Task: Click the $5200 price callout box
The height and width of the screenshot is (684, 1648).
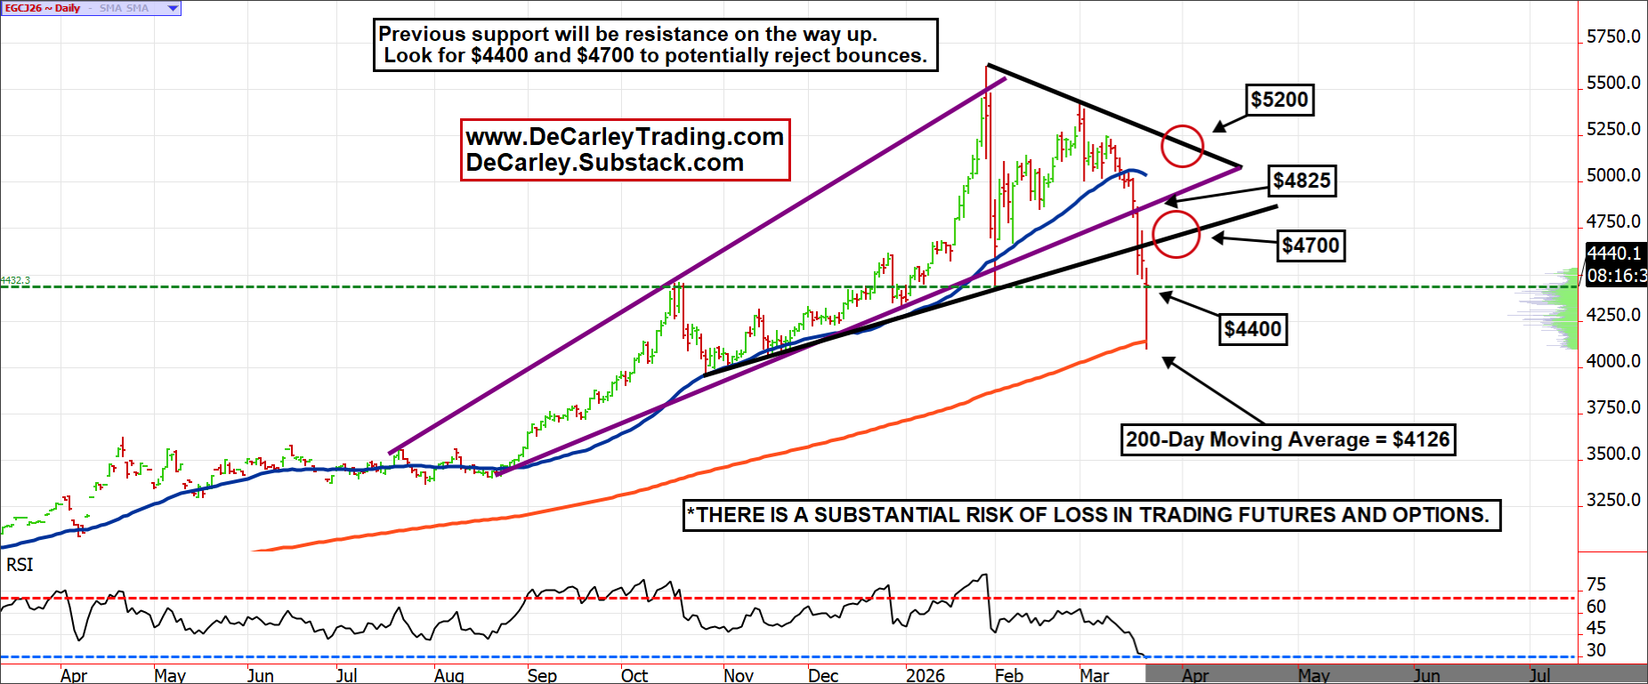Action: (x=1279, y=100)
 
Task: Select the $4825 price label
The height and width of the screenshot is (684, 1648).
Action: (x=1301, y=181)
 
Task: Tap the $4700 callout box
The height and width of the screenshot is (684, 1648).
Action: (x=1310, y=245)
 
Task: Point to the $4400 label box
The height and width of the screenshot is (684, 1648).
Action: (x=1253, y=329)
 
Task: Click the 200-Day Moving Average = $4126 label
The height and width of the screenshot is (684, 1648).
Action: (x=1288, y=439)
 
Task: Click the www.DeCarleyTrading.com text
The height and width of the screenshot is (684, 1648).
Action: (x=625, y=137)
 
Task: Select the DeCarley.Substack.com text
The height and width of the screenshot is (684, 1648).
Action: (x=605, y=163)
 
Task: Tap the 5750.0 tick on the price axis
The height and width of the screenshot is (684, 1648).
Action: (x=1613, y=36)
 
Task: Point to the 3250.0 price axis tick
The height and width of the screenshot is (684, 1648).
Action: (x=1613, y=500)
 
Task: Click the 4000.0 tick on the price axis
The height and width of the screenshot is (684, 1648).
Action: (x=1613, y=361)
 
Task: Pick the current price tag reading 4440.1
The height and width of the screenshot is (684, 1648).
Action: (x=1614, y=253)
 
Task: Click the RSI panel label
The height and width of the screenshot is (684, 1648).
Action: (x=20, y=565)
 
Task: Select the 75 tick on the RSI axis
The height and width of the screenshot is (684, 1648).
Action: (x=1596, y=584)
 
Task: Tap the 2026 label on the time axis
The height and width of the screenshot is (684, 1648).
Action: (x=925, y=675)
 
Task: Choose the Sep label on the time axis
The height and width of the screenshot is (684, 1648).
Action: (x=542, y=675)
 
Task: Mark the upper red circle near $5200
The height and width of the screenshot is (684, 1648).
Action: (x=1183, y=145)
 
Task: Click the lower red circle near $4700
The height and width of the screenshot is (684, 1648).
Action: (x=1175, y=234)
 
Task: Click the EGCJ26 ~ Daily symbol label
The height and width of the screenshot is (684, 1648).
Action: (x=42, y=8)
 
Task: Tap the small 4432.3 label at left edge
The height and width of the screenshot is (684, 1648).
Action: (x=15, y=280)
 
